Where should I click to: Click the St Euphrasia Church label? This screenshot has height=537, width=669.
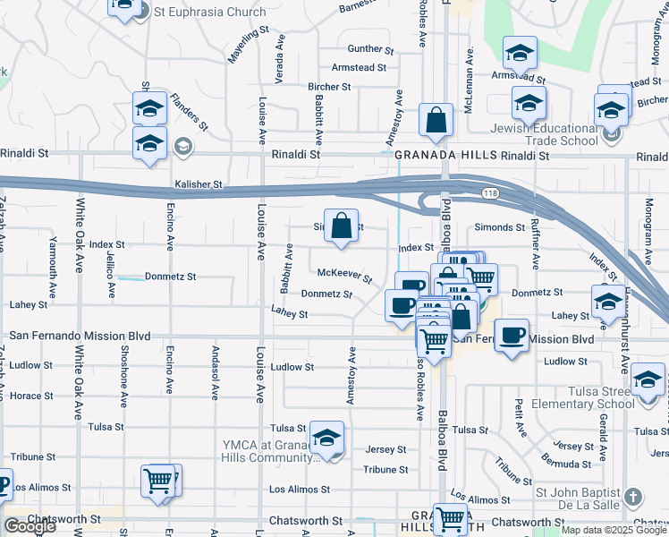pos(210,13)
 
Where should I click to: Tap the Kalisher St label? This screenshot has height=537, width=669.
pos(199,184)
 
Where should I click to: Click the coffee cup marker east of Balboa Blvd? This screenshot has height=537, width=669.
pos(511,336)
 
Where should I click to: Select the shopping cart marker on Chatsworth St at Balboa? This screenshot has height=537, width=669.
pos(450,517)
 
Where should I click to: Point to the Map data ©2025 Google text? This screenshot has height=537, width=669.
pos(613,530)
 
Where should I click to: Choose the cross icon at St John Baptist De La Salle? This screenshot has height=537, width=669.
pos(632,496)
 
